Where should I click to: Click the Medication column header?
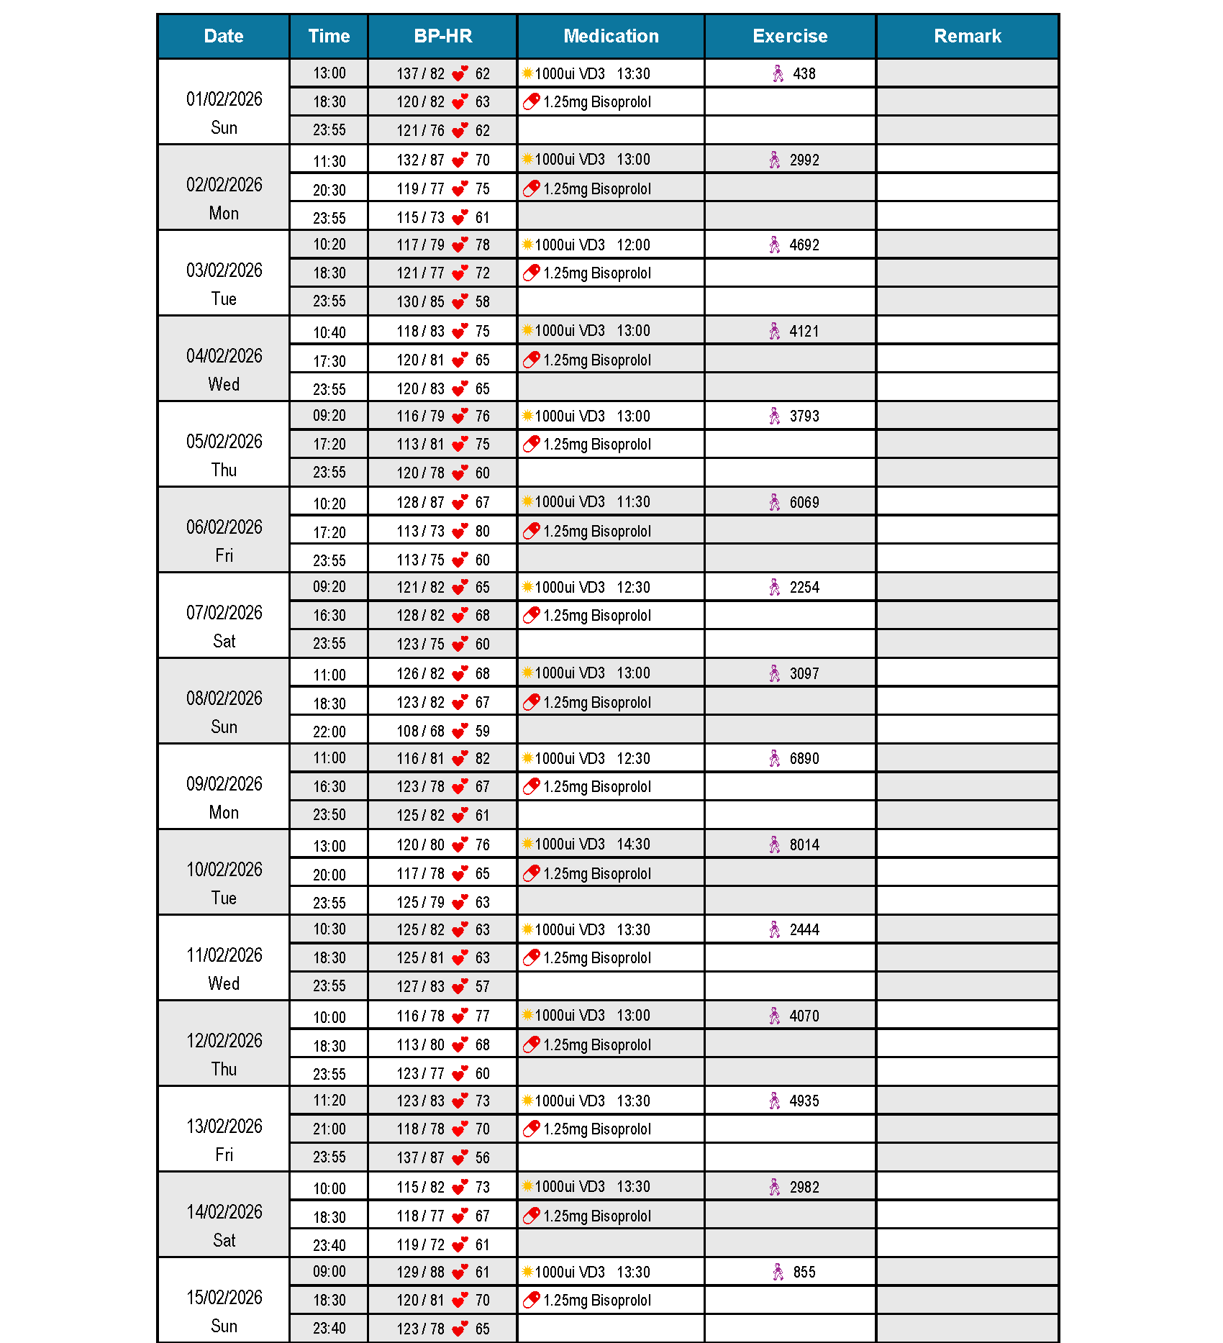point(611,36)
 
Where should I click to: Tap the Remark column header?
point(967,36)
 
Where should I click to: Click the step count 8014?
point(804,845)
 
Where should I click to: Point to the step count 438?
point(804,73)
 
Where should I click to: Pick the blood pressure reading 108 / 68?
point(421,731)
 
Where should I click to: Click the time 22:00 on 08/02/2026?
point(329,732)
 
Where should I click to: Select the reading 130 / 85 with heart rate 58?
point(421,301)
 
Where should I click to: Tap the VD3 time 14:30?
point(633,844)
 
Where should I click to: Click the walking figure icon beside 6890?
point(775,758)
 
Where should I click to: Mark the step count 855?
point(804,1272)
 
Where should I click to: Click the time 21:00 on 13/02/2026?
point(329,1129)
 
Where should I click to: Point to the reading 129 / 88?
point(421,1272)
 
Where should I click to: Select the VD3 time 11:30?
point(633,501)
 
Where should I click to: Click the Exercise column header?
point(790,36)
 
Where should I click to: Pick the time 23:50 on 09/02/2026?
point(329,814)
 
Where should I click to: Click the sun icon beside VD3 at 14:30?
point(527,843)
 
